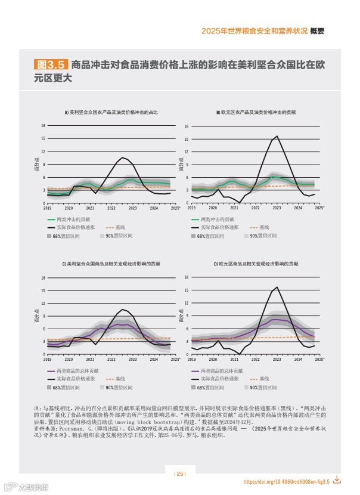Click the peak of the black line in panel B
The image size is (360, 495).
click(277, 137)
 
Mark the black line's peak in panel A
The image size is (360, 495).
click(123, 157)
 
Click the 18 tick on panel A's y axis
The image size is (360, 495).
click(43, 126)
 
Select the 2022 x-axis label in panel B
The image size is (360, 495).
click(255, 208)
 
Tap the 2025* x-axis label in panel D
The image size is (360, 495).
click(319, 359)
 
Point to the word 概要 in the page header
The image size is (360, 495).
click(317, 32)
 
